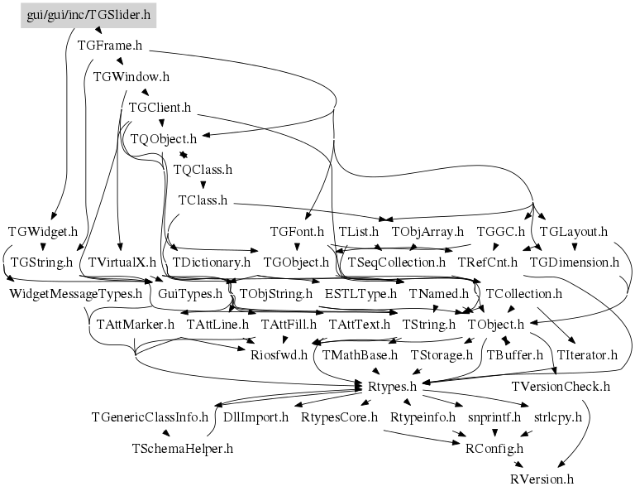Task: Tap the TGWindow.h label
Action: tap(131, 77)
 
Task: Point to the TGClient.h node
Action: tap(160, 108)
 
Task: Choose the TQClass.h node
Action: tap(203, 169)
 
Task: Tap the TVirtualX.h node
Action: tap(122, 262)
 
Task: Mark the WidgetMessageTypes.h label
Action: tap(75, 293)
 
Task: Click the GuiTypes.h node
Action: tap(190, 293)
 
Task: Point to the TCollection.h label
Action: tap(523, 293)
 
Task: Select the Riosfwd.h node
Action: tap(279, 354)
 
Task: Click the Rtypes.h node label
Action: tap(391, 385)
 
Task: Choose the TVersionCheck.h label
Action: tap(561, 386)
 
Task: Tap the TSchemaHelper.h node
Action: tap(183, 448)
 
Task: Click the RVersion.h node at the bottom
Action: tap(542, 479)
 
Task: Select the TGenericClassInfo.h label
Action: tap(150, 417)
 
